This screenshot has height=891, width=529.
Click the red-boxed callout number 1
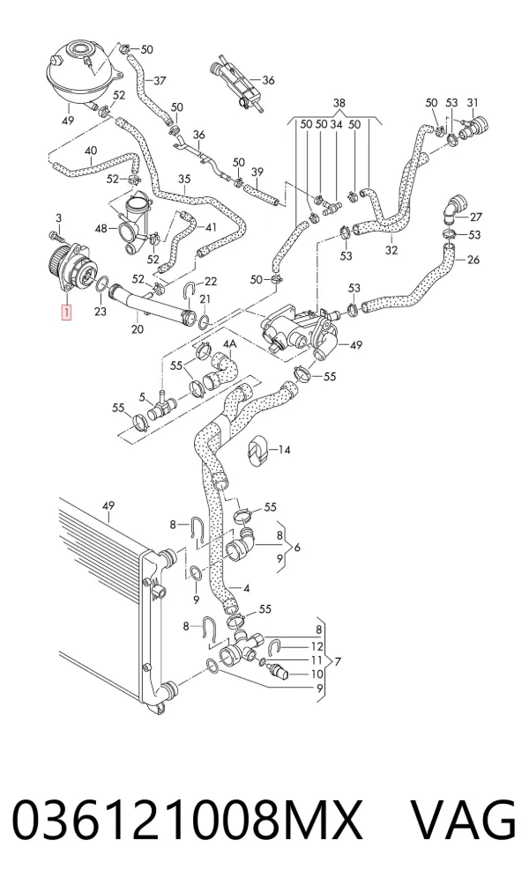[67, 312]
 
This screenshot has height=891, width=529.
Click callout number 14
[284, 450]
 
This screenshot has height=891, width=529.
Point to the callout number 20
[137, 329]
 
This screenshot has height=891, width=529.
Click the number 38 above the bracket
[339, 103]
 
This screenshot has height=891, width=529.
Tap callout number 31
[473, 103]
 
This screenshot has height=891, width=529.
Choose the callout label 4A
[230, 344]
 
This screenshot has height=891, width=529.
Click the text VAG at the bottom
[464, 819]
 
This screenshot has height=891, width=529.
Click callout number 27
[476, 217]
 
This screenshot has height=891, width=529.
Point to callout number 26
[473, 260]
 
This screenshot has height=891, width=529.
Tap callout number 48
[101, 228]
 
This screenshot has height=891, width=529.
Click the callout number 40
[91, 151]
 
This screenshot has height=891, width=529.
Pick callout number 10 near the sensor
[317, 674]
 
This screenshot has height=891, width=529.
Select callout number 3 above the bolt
[58, 218]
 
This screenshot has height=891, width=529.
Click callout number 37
[160, 81]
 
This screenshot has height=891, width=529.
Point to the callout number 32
[391, 249]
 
